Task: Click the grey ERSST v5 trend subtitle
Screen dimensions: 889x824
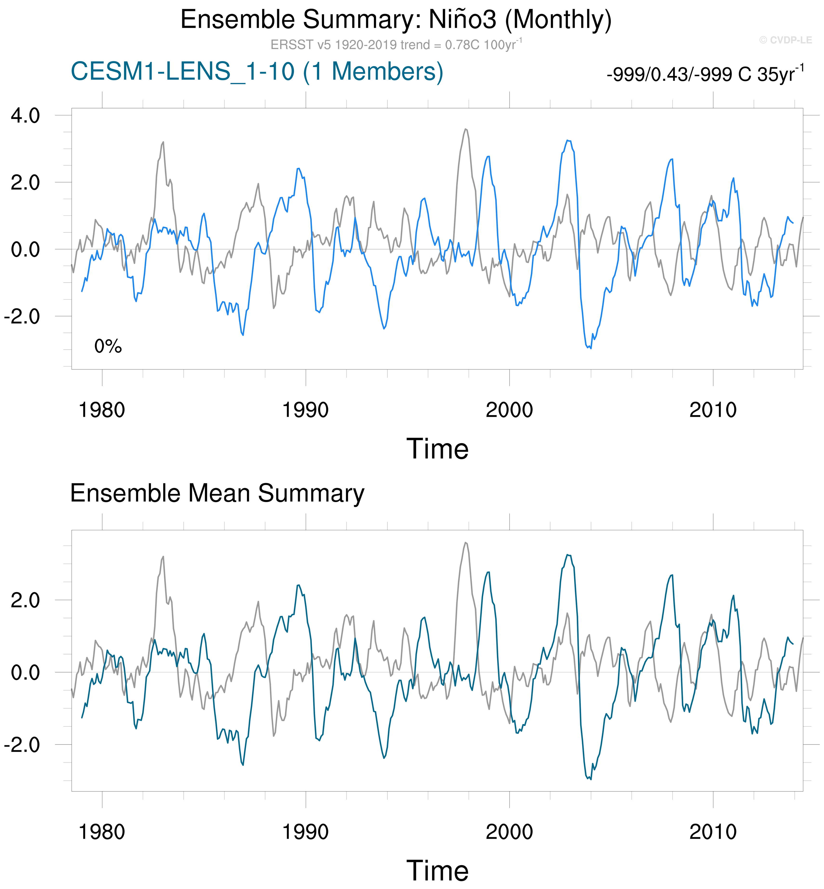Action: pos(396,45)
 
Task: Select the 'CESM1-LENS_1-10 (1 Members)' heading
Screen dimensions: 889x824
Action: pos(257,71)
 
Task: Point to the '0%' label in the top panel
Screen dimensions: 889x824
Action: pos(108,346)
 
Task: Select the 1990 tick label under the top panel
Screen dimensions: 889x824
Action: pos(305,410)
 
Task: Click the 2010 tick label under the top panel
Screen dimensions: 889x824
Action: pos(713,410)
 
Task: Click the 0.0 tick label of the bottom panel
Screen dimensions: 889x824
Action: pos(26,673)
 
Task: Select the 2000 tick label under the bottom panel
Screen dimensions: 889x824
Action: pos(509,832)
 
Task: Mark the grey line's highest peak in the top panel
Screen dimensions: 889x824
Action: pos(466,129)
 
